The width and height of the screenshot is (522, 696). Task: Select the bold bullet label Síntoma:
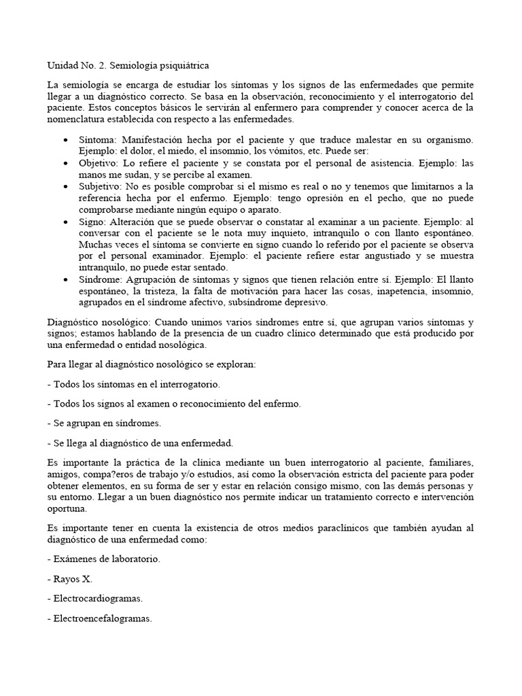pos(98,139)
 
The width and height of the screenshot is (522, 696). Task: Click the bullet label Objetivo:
pos(99,164)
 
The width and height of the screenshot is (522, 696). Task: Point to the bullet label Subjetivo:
pos(100,186)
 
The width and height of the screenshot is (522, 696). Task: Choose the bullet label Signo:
pos(92,222)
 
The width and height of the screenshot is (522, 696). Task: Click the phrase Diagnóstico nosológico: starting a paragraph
pos(98,321)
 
